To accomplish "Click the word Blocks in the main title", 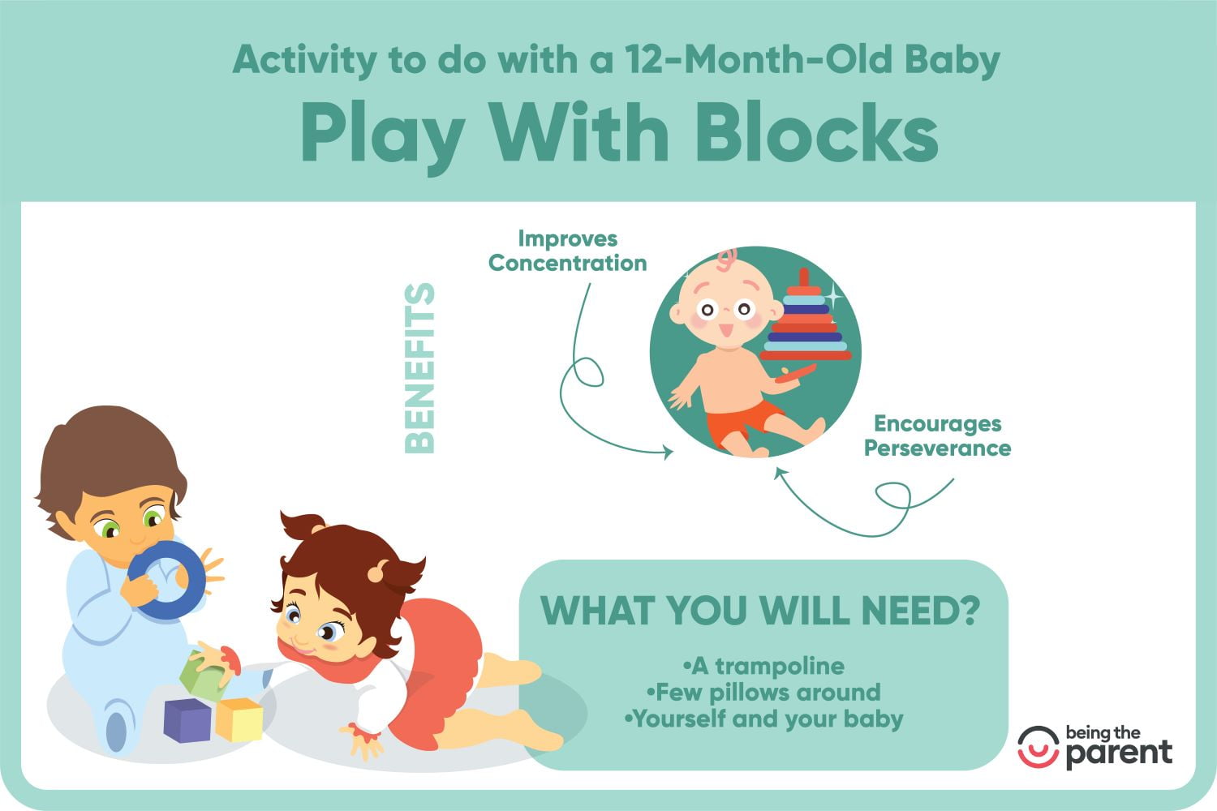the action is (x=817, y=132).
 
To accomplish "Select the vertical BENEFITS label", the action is (x=419, y=368).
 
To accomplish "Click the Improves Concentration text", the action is (x=567, y=251).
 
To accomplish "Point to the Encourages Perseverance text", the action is (x=937, y=436).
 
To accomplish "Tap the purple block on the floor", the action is (x=187, y=721).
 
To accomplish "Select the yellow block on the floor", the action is (x=239, y=719).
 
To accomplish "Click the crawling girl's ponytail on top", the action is (x=302, y=526).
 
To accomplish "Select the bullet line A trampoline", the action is (x=764, y=666).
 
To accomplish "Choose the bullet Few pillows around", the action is (x=763, y=692).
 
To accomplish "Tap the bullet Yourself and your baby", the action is (x=763, y=719).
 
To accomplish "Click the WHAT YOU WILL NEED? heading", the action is (x=761, y=611).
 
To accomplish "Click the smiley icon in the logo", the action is (x=1039, y=747).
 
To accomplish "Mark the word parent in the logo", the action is (x=1119, y=753).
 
